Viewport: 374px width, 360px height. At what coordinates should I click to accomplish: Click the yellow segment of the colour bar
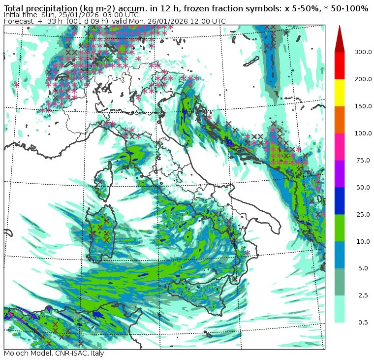(340, 92)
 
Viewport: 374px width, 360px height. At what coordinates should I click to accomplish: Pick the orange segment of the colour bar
(340, 119)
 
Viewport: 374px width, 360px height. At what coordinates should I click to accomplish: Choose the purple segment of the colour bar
(340, 173)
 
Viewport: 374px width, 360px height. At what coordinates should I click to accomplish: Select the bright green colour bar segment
(340, 228)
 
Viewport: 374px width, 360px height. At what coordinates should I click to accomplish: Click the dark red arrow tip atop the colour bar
(340, 39)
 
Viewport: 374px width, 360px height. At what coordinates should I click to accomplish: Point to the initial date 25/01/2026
(72, 15)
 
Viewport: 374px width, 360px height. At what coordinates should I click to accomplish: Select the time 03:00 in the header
(113, 15)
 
